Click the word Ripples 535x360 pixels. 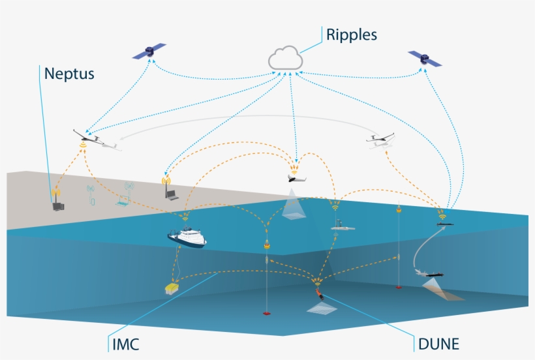tap(352, 34)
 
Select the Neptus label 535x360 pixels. tap(69, 74)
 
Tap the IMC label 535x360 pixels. tap(125, 344)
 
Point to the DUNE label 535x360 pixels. tap(439, 344)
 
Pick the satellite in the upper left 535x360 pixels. tap(149, 52)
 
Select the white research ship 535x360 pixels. tap(187, 236)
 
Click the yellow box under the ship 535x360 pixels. tap(172, 288)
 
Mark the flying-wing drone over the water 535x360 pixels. tap(297, 177)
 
